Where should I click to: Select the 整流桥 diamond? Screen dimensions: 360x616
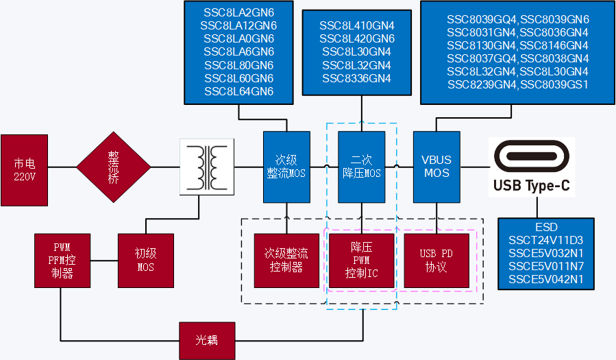click(113, 167)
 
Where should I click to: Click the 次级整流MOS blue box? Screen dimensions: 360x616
click(286, 167)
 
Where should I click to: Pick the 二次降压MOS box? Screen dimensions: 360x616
click(361, 167)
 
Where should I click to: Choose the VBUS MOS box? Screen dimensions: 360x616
click(436, 167)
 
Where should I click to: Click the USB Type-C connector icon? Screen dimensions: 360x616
click(532, 157)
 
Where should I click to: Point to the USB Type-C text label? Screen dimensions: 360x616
click(532, 185)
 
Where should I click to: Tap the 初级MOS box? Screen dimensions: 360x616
click(145, 261)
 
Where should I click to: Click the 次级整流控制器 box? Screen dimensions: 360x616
click(286, 261)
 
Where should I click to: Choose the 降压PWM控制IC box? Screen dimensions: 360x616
click(362, 261)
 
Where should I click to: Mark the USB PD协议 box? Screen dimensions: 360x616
click(436, 261)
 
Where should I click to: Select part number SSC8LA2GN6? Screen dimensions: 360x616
click(238, 13)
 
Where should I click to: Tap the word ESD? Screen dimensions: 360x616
click(546, 228)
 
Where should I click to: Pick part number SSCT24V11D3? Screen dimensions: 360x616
click(546, 241)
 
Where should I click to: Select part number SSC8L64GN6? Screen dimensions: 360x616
click(238, 92)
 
